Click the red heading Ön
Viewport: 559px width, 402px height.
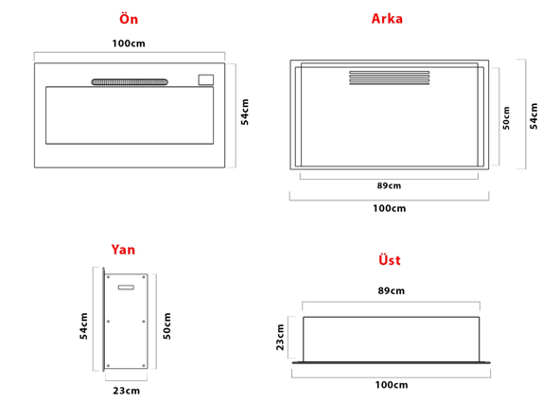(129, 19)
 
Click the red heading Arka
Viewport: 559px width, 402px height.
(387, 19)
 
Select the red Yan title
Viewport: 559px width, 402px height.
(123, 250)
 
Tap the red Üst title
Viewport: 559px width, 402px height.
(390, 260)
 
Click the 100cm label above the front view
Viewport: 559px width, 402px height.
(129, 44)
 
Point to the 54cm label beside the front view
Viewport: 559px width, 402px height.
(245, 112)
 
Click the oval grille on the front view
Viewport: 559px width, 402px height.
(130, 82)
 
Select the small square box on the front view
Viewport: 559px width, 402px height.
(206, 79)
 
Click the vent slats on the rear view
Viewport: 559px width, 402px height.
(390, 78)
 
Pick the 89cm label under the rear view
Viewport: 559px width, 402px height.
(389, 185)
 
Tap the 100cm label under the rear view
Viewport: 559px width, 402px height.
(390, 208)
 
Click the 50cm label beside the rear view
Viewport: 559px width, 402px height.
(506, 118)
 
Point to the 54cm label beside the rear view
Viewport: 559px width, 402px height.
(533, 115)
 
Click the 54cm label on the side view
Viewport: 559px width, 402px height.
(84, 325)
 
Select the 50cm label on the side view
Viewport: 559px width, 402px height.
(166, 325)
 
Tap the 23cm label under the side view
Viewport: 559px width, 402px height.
(127, 391)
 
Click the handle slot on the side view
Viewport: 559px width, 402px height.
(126, 288)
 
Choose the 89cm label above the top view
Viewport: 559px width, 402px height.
(391, 290)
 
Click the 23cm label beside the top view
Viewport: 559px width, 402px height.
(280, 337)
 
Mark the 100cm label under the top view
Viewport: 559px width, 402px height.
(392, 385)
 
